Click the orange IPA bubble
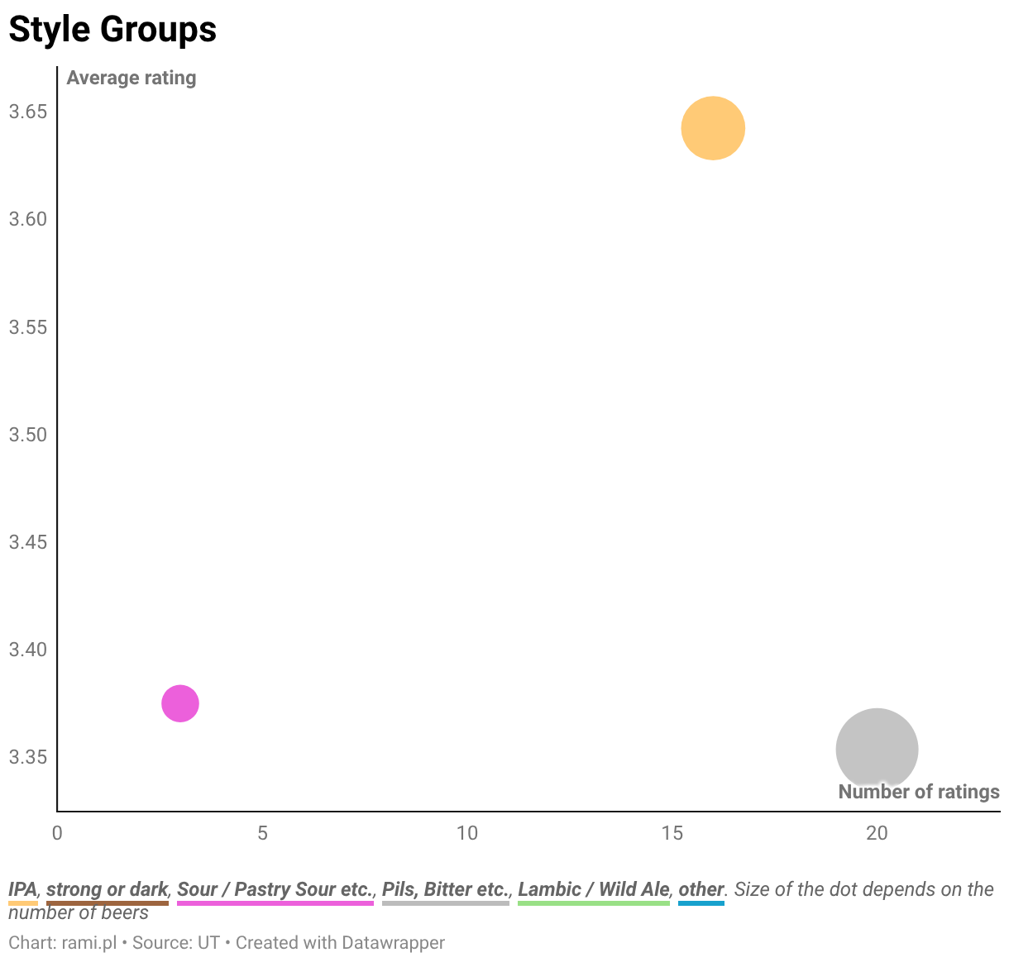(712, 128)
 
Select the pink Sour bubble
(180, 703)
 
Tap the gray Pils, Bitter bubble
(877, 749)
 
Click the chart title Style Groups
(112, 29)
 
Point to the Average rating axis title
(132, 78)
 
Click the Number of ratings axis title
(919, 792)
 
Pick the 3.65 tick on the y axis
(28, 112)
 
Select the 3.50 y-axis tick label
(28, 435)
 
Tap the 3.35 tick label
(28, 757)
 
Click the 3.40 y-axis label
(28, 650)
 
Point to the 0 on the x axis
(57, 833)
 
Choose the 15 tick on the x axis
(672, 833)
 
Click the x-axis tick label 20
(877, 833)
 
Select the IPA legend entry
(22, 889)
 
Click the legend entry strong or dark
(108, 889)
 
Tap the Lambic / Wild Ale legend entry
(593, 889)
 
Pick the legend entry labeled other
(701, 889)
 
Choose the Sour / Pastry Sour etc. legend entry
(275, 889)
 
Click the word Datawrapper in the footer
(393, 943)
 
